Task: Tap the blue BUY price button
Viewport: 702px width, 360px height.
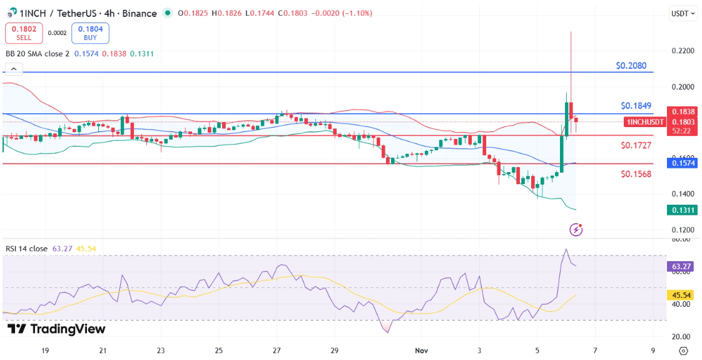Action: coord(90,33)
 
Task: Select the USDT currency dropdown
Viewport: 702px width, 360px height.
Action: coord(682,13)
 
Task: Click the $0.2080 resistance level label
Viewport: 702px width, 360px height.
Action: coord(631,65)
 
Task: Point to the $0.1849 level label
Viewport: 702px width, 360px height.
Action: coord(636,106)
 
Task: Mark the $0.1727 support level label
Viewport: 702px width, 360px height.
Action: coord(636,145)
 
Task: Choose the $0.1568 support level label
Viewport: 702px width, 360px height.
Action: coord(636,174)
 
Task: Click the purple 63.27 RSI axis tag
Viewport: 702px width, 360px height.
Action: coord(681,267)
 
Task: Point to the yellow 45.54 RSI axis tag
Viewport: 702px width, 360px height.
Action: coord(681,295)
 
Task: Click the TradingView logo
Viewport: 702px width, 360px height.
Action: coord(56,329)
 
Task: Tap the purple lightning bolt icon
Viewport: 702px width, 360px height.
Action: coord(576,230)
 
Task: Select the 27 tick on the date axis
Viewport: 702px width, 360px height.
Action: coord(277,351)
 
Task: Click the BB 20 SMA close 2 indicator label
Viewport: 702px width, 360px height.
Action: coord(38,54)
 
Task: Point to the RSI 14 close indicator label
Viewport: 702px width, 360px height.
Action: coord(26,249)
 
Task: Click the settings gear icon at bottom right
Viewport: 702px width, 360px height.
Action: coord(683,351)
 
